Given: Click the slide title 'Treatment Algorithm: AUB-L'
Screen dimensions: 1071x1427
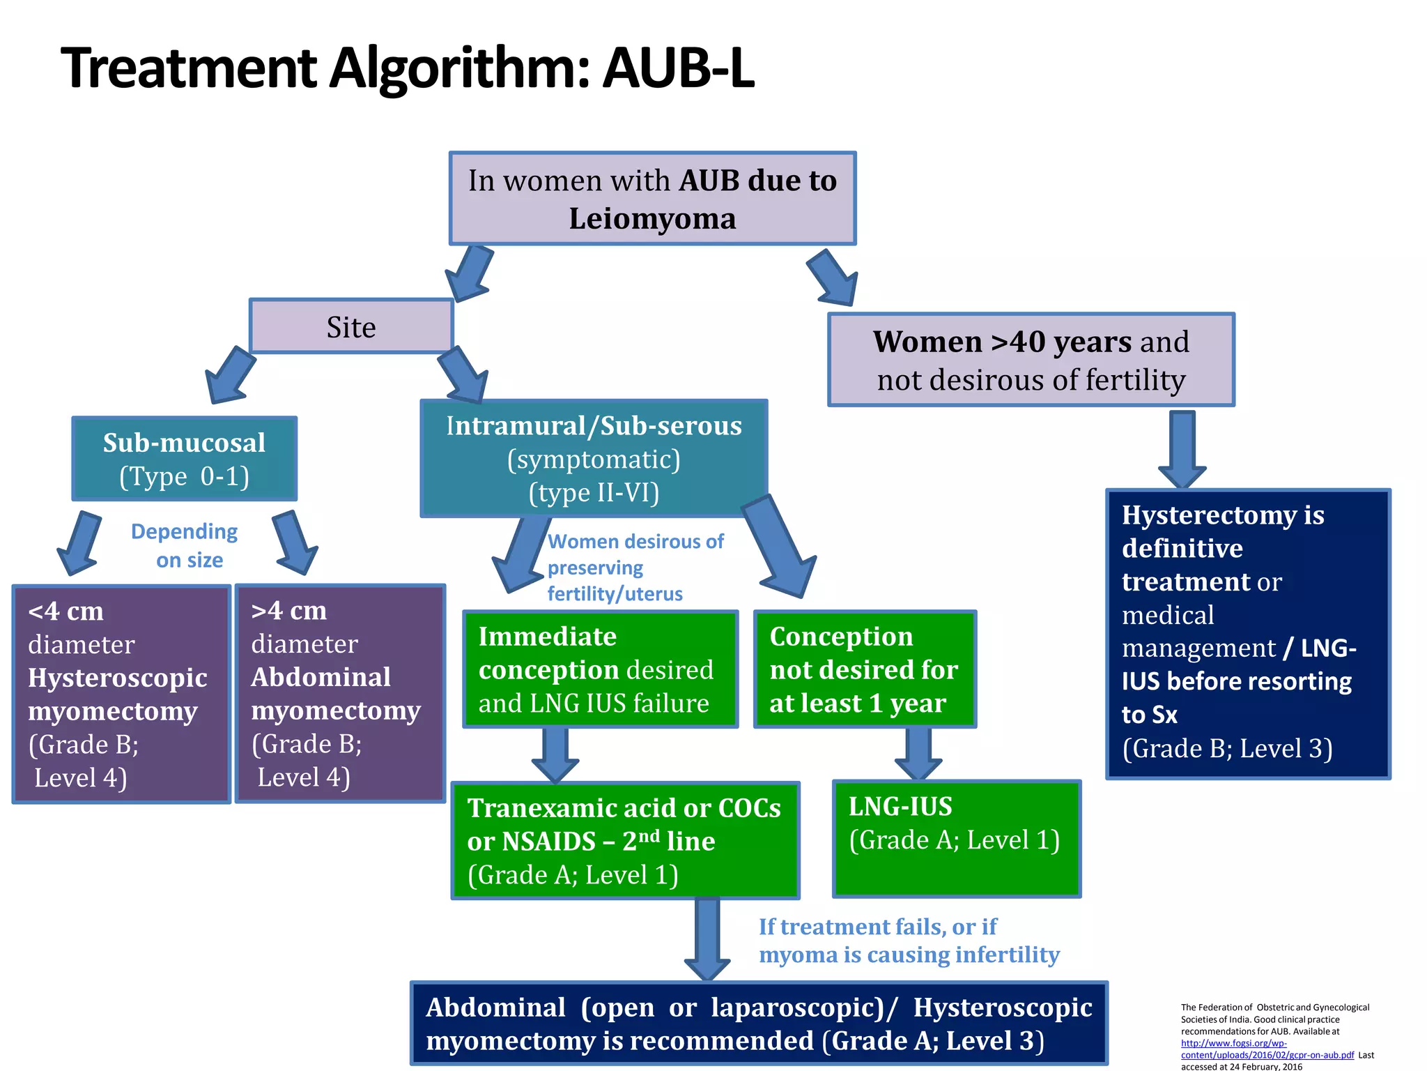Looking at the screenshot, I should pos(408,68).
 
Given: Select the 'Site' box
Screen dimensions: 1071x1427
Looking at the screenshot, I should pos(351,327).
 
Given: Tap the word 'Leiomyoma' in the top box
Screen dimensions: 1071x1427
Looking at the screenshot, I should pos(652,219).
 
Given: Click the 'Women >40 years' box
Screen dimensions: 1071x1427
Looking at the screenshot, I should pos(1031,360).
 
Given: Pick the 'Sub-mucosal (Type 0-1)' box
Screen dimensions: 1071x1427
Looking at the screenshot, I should pos(185,459).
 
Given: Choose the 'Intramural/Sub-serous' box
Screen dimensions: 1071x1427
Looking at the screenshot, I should pos(594,458).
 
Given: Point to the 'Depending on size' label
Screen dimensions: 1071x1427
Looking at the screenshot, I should pos(185,545).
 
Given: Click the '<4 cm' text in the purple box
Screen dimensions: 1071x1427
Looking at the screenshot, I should pos(66,612).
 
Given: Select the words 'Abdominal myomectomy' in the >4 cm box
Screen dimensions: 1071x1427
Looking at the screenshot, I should pos(335,694).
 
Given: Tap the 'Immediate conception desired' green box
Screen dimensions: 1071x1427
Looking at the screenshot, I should pos(600,669).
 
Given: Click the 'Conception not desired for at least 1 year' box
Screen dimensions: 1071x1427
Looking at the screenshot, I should pos(864,669).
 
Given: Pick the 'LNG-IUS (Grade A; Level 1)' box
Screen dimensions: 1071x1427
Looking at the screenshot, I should pos(956,838).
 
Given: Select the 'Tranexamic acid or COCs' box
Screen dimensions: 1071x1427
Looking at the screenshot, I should pos(625,840).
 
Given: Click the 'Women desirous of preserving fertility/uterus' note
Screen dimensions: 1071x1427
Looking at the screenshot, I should pos(634,567).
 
